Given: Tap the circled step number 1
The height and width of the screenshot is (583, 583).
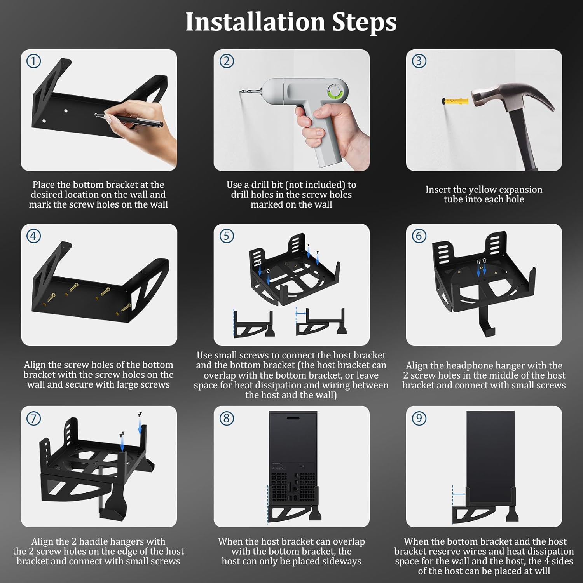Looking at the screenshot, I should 33,61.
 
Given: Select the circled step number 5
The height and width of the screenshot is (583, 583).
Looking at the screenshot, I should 227,236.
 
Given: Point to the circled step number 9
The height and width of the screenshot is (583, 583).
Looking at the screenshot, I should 419,418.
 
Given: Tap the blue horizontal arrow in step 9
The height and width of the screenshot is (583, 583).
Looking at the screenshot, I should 459,494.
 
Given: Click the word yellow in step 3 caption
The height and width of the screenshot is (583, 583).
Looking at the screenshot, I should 486,190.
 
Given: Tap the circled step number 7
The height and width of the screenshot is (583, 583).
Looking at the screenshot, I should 33,418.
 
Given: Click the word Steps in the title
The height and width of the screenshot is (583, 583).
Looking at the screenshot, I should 364,22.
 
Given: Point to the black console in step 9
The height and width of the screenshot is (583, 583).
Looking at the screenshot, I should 490,455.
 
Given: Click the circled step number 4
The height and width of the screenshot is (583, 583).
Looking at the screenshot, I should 33,236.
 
